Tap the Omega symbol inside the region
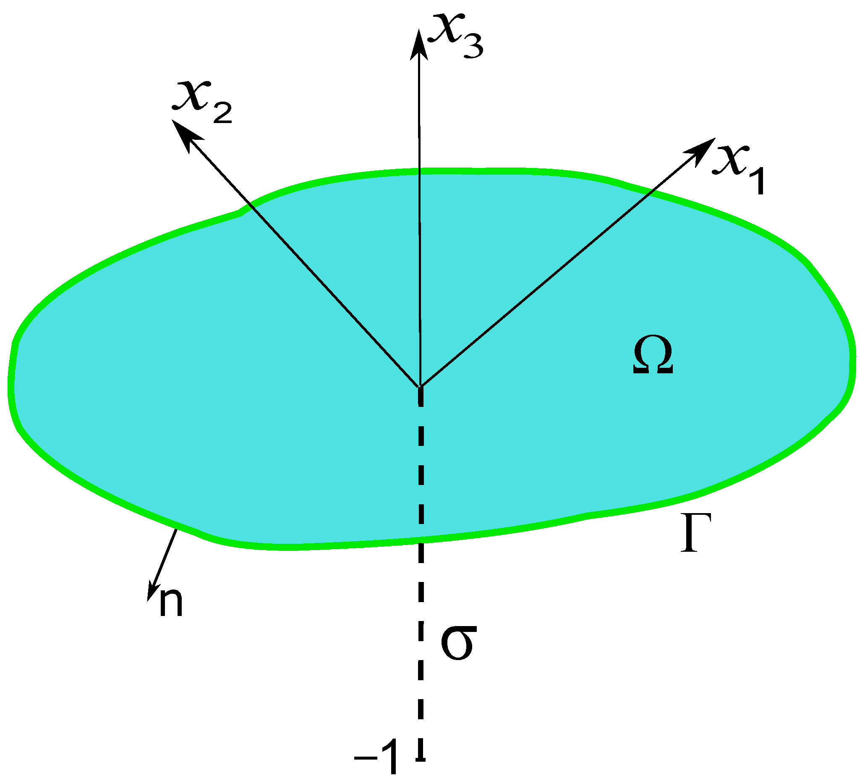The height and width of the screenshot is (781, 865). pyautogui.click(x=653, y=355)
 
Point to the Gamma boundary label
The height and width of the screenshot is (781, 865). pyautogui.click(x=695, y=533)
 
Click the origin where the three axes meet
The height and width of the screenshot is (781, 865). pyautogui.click(x=420, y=387)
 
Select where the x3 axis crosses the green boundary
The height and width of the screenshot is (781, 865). pyautogui.click(x=419, y=171)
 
